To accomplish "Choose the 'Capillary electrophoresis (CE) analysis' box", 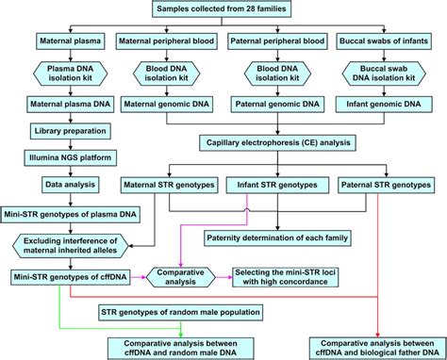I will coord(275,144).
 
